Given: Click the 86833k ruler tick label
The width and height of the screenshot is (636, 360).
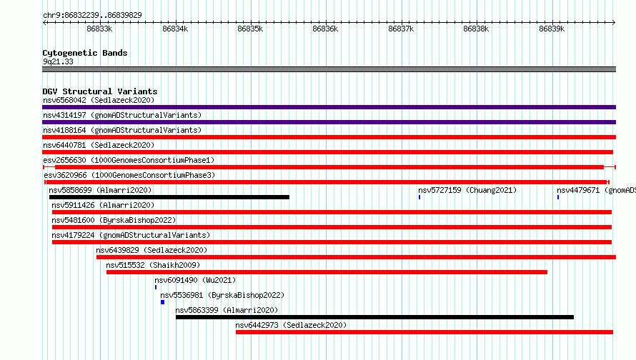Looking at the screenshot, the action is [99, 29].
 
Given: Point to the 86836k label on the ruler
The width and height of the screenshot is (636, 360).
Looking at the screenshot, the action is [325, 29].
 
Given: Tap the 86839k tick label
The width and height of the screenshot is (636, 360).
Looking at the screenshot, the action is [552, 29].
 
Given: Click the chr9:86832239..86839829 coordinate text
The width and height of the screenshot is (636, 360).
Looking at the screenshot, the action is [92, 15].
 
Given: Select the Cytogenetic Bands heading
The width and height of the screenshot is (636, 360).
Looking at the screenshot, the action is [85, 53].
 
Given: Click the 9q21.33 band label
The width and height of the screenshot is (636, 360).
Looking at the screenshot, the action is [58, 61].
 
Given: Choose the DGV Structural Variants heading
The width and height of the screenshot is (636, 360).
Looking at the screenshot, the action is [100, 91].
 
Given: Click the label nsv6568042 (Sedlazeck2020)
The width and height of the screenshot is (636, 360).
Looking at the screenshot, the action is [99, 100].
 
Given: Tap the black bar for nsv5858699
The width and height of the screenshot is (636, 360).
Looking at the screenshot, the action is [169, 197].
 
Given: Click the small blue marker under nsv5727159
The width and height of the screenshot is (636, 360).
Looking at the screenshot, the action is [419, 197].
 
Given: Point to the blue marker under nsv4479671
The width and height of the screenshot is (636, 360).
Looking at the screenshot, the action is [558, 197].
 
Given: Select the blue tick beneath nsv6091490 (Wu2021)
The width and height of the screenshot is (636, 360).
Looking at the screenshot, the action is [156, 287].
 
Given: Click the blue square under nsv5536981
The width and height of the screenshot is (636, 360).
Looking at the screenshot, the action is [163, 302].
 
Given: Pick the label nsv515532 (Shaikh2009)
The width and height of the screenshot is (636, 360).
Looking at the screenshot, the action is [153, 265].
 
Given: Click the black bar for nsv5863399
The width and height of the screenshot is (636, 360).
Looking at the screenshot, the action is [374, 317].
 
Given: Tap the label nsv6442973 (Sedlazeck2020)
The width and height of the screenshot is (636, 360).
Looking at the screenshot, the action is [291, 325].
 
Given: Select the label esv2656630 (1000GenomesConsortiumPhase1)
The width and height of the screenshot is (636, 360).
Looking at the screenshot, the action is [129, 160].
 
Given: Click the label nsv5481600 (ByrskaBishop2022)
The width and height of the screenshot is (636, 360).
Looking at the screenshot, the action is [114, 220].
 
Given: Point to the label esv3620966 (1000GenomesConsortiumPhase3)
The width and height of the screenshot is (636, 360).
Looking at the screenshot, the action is [129, 175].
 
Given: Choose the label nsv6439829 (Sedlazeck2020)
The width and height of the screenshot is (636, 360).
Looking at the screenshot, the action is [151, 250].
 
